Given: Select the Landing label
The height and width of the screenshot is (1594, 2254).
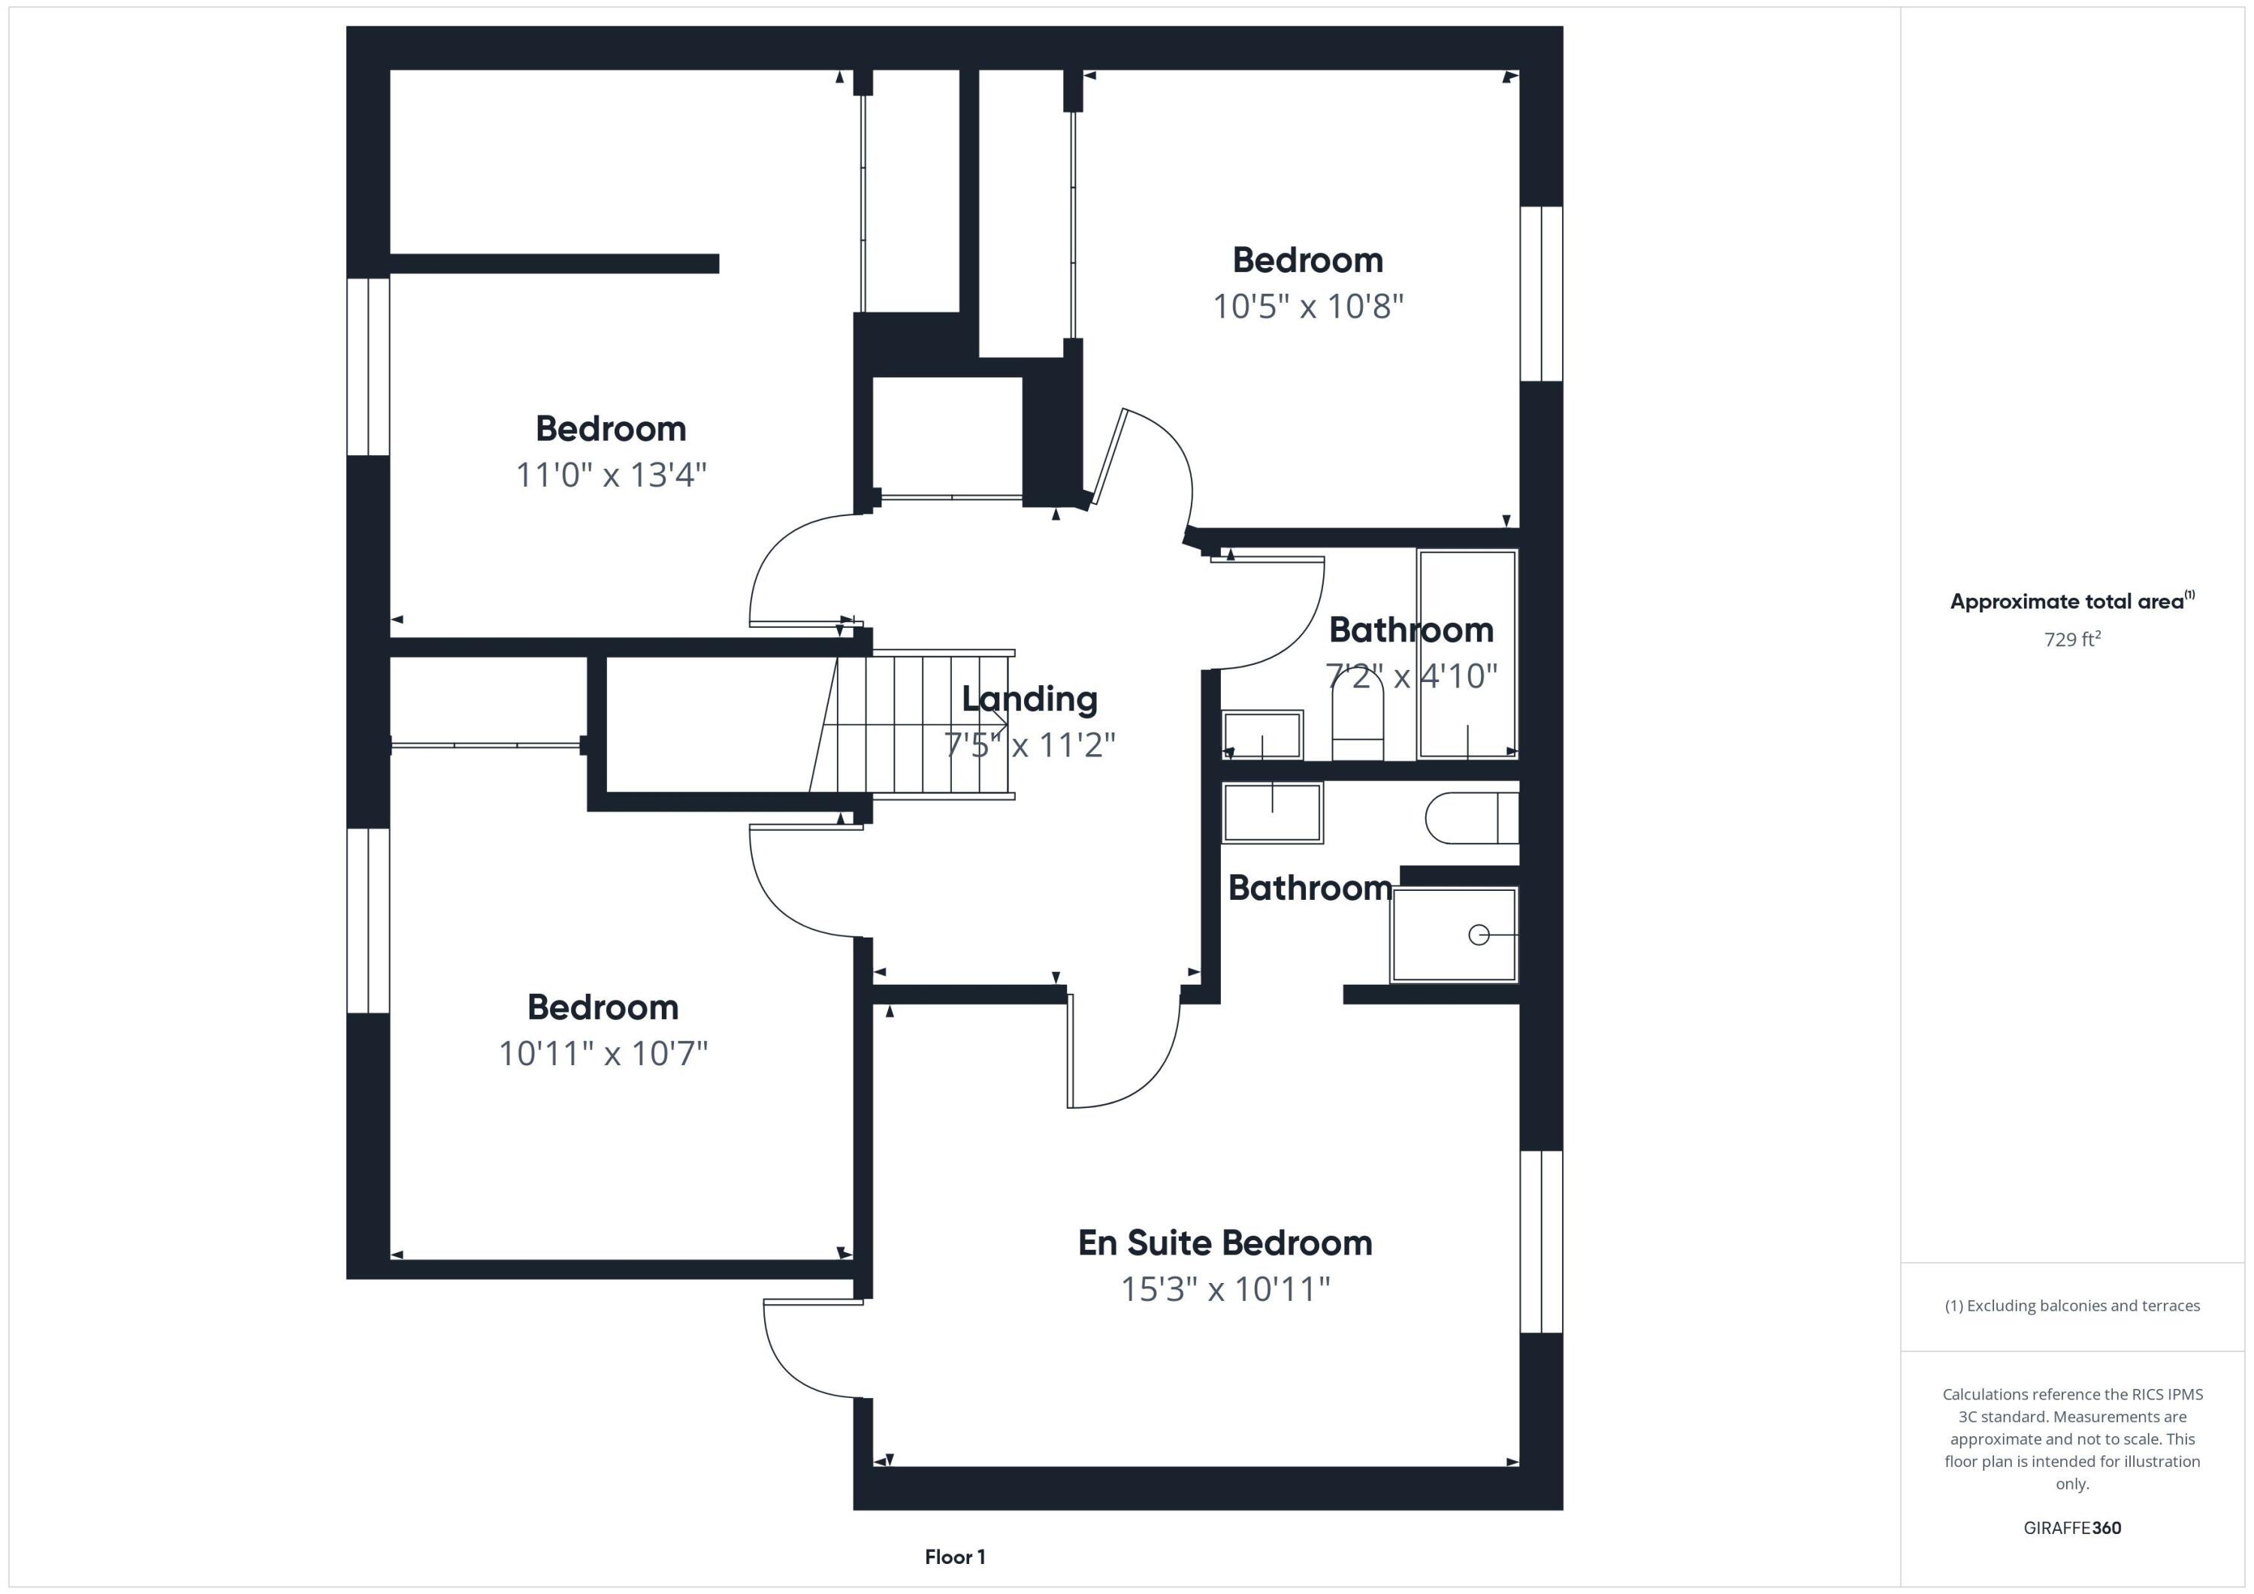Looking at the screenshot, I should tap(1029, 699).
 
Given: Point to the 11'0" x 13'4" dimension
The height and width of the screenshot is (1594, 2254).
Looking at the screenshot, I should tap(611, 475).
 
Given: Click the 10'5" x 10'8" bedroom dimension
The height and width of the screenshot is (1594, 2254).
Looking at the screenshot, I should tap(1307, 306).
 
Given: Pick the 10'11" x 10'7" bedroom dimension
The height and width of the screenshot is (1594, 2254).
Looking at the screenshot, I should tap(603, 1053).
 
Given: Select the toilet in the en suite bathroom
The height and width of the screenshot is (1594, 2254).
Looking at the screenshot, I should tap(1470, 817).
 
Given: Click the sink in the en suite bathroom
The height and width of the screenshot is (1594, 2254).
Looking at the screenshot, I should tap(1271, 813).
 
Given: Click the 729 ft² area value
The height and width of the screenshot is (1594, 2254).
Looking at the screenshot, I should tap(2071, 639).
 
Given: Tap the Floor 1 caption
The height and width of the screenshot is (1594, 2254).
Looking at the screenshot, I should tap(954, 1556).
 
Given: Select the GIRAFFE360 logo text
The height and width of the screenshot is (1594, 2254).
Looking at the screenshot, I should tap(2071, 1527).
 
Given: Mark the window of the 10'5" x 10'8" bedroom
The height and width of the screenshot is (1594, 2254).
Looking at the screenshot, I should tap(1540, 294).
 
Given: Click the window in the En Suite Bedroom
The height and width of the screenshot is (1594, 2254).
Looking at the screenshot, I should tap(1540, 1242).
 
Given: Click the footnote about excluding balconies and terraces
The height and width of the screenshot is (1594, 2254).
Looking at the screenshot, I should tap(2071, 1306).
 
